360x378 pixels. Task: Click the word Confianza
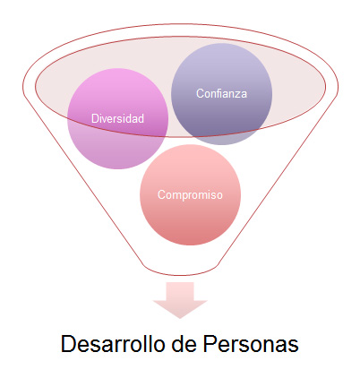click(x=221, y=93)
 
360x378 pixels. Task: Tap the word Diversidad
click(x=117, y=118)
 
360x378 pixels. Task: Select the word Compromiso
click(x=190, y=195)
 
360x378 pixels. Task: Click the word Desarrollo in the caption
click(x=113, y=344)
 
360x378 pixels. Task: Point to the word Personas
click(x=251, y=344)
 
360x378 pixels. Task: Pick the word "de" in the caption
click(x=184, y=344)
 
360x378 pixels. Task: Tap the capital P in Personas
click(x=210, y=344)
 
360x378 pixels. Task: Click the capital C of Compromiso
click(x=161, y=195)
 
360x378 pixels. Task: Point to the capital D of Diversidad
click(x=95, y=118)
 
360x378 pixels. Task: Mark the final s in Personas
click(x=293, y=347)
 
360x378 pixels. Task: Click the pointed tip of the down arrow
click(x=180, y=318)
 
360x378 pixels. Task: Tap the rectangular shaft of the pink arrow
click(x=180, y=291)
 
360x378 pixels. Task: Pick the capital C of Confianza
click(x=200, y=93)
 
